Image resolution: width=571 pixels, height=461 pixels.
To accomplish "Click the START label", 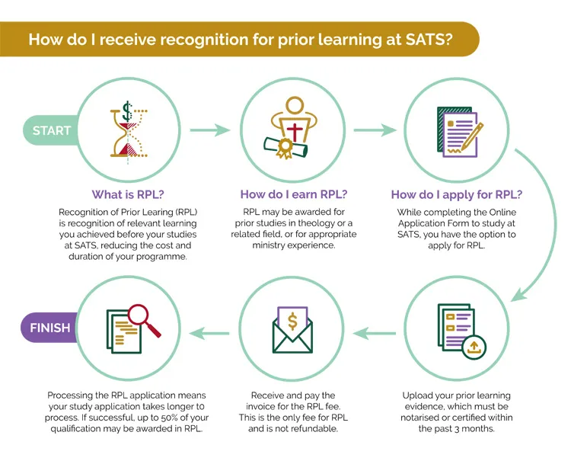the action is click(51, 130).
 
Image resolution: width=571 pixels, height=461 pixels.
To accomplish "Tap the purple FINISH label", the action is click(50, 328).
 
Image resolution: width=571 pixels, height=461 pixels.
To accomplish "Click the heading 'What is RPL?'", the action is click(128, 194).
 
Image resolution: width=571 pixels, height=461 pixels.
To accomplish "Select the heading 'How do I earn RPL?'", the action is click(294, 194).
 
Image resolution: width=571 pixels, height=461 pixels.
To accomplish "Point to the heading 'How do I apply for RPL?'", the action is click(457, 194).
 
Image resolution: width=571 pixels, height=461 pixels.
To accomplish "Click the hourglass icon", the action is click(129, 133).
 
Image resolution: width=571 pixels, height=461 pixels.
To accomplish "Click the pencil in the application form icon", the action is click(472, 136).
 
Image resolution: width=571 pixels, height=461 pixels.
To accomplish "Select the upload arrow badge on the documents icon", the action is click(474, 347).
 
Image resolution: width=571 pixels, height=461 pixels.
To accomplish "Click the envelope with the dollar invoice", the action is click(293, 330).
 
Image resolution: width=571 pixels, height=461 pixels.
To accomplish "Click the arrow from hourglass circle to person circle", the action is click(210, 130).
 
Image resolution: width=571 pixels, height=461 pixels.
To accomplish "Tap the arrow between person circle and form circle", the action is click(375, 130).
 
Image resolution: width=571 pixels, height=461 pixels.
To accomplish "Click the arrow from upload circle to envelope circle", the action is click(375, 333).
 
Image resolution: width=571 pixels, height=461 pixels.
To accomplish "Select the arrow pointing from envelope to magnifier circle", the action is click(209, 333).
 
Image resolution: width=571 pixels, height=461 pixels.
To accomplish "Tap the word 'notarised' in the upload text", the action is click(419, 418).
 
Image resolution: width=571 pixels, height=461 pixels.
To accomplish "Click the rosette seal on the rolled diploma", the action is click(285, 148).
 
